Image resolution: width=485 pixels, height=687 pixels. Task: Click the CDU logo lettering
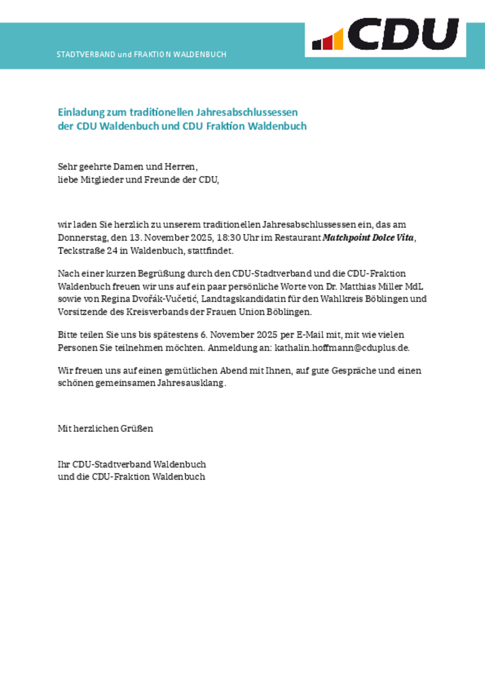coord(403,34)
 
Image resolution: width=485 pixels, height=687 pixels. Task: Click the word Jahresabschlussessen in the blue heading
coord(247,112)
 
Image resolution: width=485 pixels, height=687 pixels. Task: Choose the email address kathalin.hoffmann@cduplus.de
coord(341,348)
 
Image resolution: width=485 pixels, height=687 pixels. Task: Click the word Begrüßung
coord(161,274)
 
